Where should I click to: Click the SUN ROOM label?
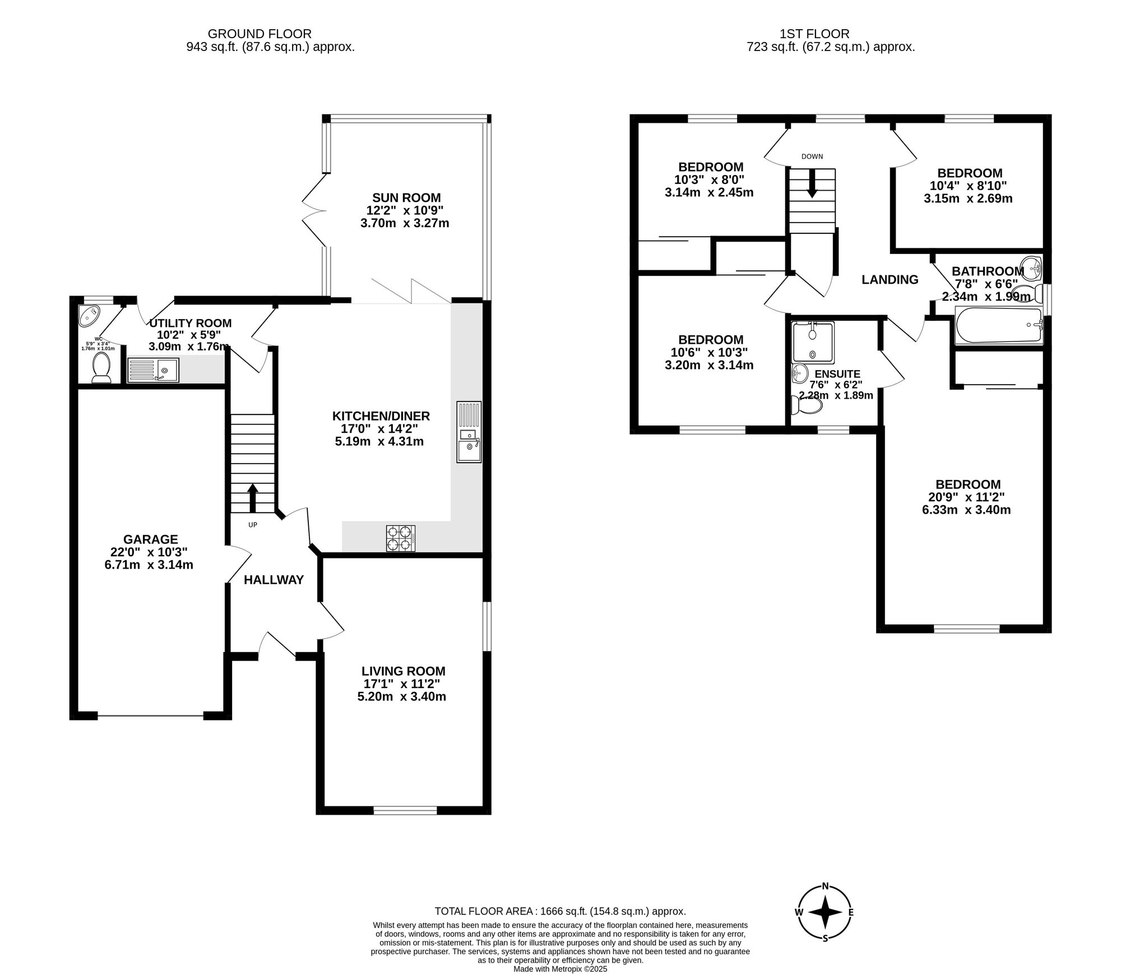click(406, 197)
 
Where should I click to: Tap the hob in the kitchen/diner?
click(401, 538)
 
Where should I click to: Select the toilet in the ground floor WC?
click(101, 367)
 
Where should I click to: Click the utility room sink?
click(153, 370)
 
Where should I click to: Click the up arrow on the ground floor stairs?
click(252, 498)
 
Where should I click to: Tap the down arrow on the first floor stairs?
click(812, 184)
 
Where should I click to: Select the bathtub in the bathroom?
click(999, 325)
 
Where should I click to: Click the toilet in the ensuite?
click(805, 405)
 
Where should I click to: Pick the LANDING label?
click(890, 279)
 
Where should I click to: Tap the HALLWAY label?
click(274, 580)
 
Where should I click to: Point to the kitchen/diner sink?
click(469, 432)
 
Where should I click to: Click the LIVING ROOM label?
click(403, 671)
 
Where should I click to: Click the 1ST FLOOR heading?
click(814, 34)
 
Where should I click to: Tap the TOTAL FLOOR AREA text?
click(560, 912)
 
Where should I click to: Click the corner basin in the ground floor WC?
click(89, 315)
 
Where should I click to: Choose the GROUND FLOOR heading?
click(260, 34)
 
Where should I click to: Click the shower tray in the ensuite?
click(813, 341)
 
